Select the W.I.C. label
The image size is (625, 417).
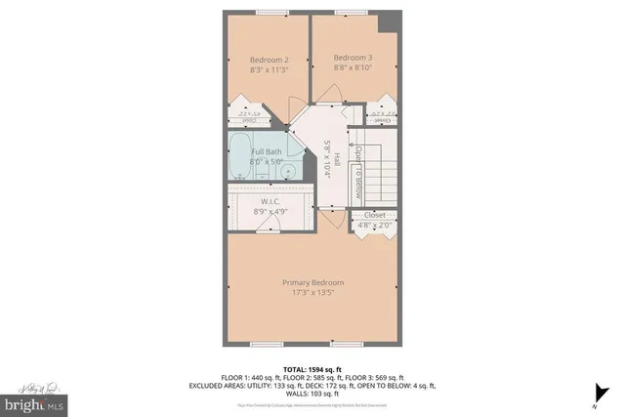[271, 202]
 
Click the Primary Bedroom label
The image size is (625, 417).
[312, 283]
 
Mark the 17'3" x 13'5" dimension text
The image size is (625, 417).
[312, 294]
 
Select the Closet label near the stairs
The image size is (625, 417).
[375, 215]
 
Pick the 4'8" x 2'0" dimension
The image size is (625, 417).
[375, 226]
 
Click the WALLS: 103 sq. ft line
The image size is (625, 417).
[312, 393]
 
